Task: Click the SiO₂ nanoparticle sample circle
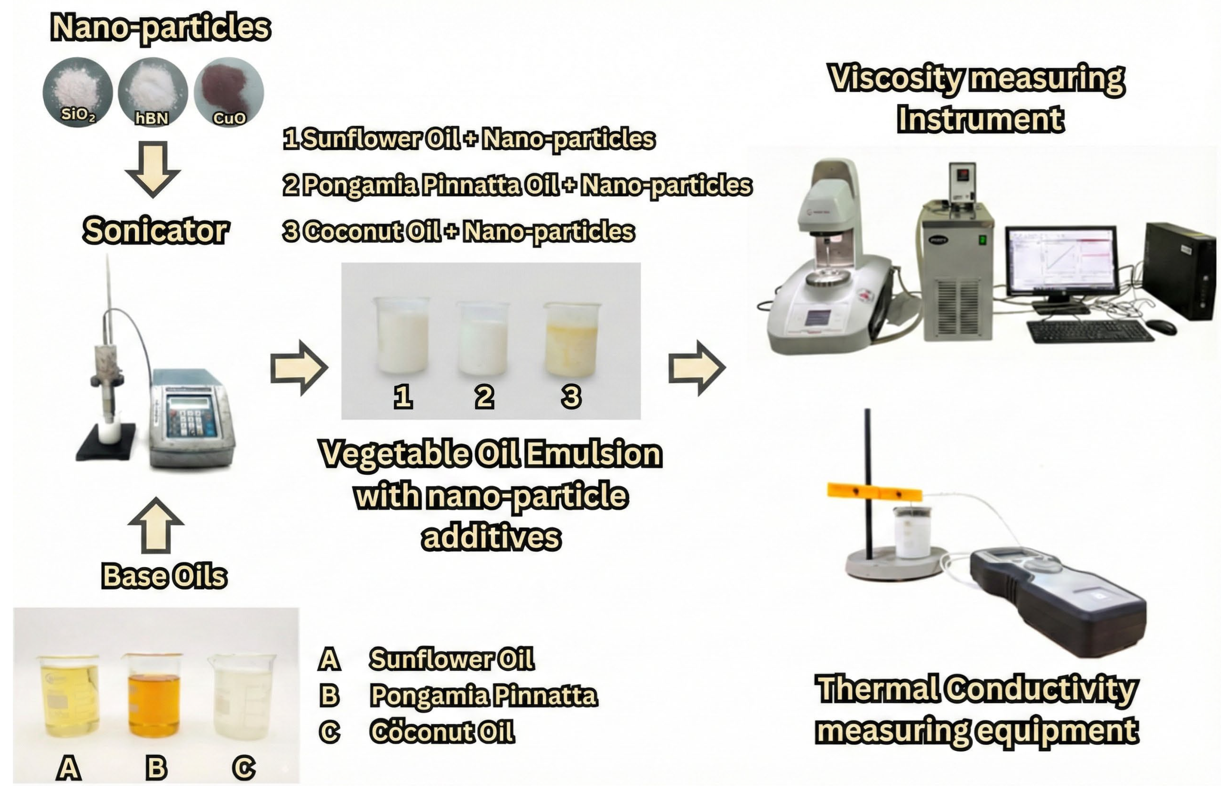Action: point(77,92)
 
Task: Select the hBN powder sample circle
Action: point(152,92)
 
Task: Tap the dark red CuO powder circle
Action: point(229,92)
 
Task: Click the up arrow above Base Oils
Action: point(156,525)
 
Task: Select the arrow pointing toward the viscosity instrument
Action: point(696,368)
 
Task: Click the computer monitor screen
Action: point(1061,261)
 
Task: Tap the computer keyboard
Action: point(1090,332)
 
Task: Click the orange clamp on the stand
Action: point(874,493)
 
